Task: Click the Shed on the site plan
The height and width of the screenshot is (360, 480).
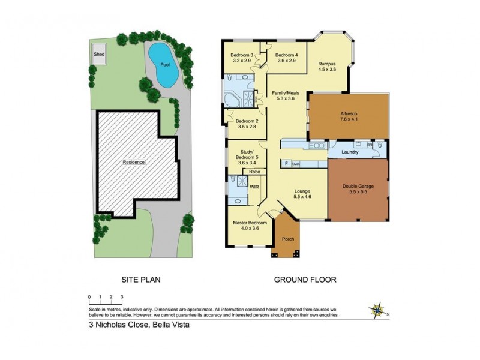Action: (x=98, y=53)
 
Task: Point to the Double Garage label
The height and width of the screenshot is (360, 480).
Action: (x=358, y=187)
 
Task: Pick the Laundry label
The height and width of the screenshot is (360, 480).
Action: (x=350, y=152)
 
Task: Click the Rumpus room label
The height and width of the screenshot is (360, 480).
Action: (x=327, y=64)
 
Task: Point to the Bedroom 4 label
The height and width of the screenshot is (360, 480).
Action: (x=287, y=55)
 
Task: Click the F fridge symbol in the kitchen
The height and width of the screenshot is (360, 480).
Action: (x=286, y=163)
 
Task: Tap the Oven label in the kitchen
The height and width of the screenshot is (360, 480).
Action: (x=296, y=163)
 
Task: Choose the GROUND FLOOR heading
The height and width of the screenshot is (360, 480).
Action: (x=305, y=280)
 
